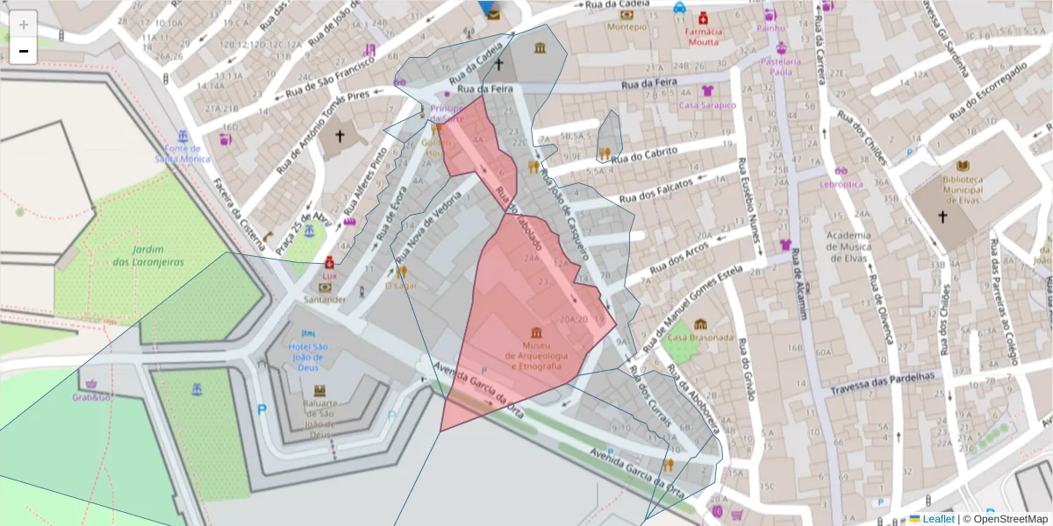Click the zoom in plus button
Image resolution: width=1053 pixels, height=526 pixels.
click(x=24, y=25)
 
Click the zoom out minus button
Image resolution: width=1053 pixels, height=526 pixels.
click(x=24, y=51)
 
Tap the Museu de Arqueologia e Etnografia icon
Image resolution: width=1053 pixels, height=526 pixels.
click(x=536, y=333)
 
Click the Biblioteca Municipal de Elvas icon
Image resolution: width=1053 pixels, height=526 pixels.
click(x=963, y=165)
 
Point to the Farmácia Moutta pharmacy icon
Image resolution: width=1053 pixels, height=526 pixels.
click(x=703, y=18)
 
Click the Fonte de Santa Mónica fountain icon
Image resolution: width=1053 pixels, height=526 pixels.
click(x=183, y=137)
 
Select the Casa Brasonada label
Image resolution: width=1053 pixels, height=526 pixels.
click(x=699, y=338)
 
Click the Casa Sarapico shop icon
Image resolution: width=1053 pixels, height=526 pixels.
click(x=707, y=91)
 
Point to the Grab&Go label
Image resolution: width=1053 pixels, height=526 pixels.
click(x=91, y=397)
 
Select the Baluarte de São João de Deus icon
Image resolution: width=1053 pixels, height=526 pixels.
click(x=319, y=390)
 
